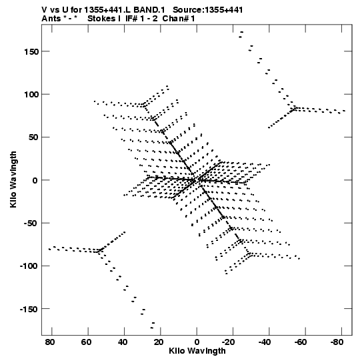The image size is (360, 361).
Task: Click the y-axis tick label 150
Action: click(31, 52)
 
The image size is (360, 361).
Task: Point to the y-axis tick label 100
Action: click(31, 94)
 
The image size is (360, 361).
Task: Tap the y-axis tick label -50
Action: click(31, 224)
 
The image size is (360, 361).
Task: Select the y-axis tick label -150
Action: click(29, 309)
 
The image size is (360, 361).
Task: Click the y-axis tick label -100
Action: click(29, 266)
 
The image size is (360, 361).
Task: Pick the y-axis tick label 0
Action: click(35, 180)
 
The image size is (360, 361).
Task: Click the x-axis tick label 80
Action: click(50, 342)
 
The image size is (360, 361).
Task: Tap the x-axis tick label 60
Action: click(86, 342)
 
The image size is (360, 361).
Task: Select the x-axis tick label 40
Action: click(123, 342)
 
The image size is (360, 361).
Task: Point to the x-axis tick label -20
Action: click(229, 342)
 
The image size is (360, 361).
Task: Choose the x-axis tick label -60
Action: click(301, 342)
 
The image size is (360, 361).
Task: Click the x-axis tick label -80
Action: click(337, 342)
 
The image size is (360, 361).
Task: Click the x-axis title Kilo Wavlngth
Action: click(197, 351)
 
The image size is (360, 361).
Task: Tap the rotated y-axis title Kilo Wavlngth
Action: click(13, 179)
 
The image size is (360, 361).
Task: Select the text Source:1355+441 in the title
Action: click(208, 10)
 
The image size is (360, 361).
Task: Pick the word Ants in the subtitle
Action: click(51, 19)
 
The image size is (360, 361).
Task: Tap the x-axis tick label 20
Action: click(159, 342)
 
